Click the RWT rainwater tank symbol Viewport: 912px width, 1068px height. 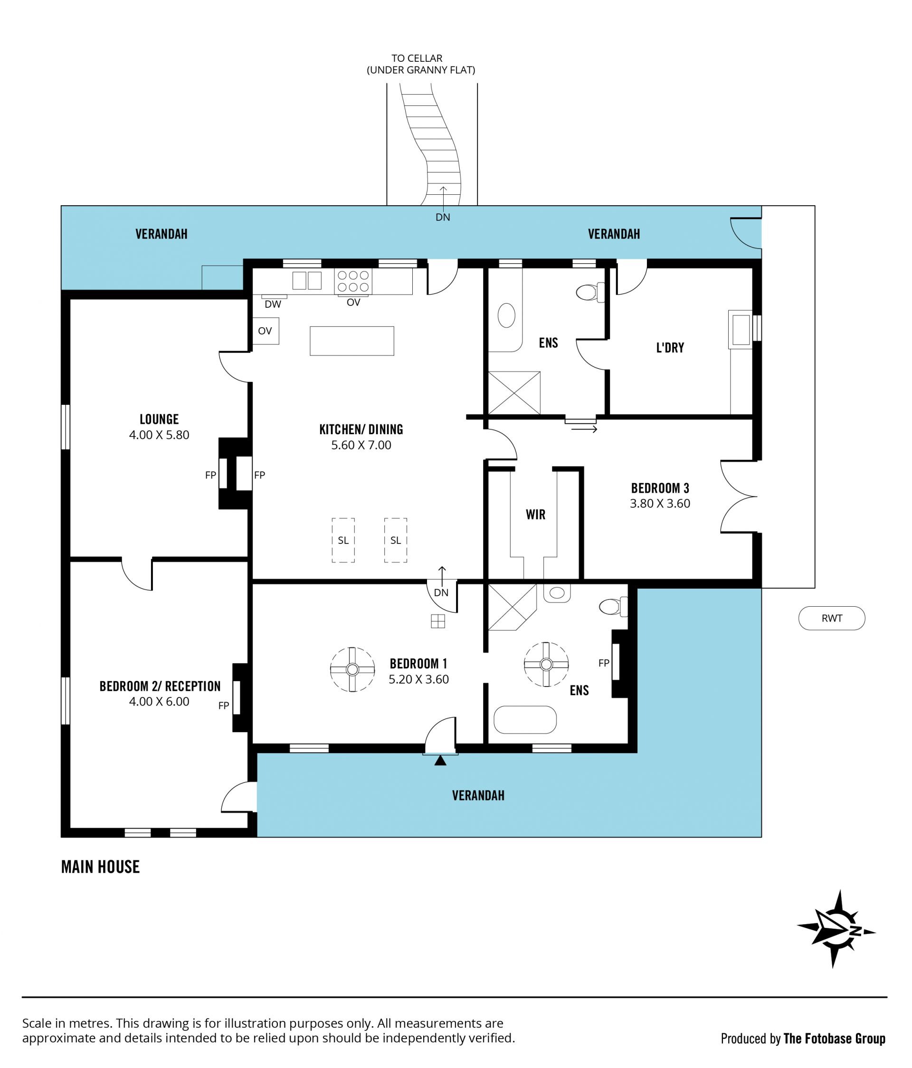pyautogui.click(x=831, y=618)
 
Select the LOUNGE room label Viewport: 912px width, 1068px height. pyautogui.click(x=159, y=419)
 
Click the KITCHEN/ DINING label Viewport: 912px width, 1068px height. pyautogui.click(x=361, y=429)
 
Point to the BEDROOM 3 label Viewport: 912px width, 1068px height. pyautogui.click(x=660, y=488)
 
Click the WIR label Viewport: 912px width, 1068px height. pyautogui.click(x=535, y=515)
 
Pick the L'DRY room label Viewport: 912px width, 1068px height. pyautogui.click(x=670, y=348)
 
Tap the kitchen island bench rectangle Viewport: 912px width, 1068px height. pyautogui.click(x=352, y=341)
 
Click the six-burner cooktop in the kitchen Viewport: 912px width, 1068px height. pyautogui.click(x=353, y=281)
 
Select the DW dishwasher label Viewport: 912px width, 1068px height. pyautogui.click(x=273, y=305)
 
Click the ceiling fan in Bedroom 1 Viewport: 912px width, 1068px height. pyautogui.click(x=352, y=669)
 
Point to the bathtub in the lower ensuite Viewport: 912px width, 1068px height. pyautogui.click(x=525, y=720)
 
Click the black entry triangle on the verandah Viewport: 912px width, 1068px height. pyautogui.click(x=440, y=760)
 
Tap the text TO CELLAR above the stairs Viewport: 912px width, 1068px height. pyautogui.click(x=417, y=58)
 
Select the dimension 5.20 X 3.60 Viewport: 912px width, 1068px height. pyautogui.click(x=418, y=679)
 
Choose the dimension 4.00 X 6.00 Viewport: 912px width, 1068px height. pyautogui.click(x=159, y=702)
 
